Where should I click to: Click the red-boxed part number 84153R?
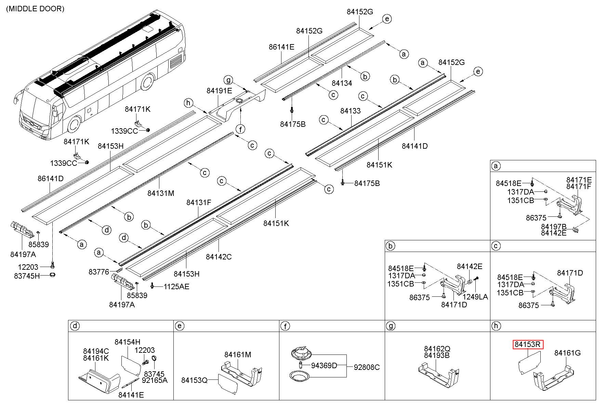(x=528, y=345)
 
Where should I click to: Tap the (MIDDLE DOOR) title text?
(x=35, y=9)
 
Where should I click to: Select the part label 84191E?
(x=219, y=91)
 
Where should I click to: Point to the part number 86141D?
(x=51, y=178)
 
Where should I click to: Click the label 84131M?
(x=161, y=193)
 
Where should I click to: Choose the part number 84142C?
(x=219, y=256)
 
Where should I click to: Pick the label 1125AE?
(x=176, y=286)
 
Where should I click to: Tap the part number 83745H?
(x=27, y=276)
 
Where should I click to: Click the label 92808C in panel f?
(x=367, y=368)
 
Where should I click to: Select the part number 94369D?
(x=324, y=366)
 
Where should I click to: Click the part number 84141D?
(x=414, y=146)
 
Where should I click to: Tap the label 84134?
(x=342, y=83)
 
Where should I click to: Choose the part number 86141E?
(x=281, y=47)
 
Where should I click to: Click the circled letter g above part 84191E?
(x=228, y=80)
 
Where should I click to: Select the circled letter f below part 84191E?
(x=241, y=129)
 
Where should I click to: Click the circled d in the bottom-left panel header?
(x=74, y=326)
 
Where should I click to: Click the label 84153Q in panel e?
(x=194, y=380)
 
